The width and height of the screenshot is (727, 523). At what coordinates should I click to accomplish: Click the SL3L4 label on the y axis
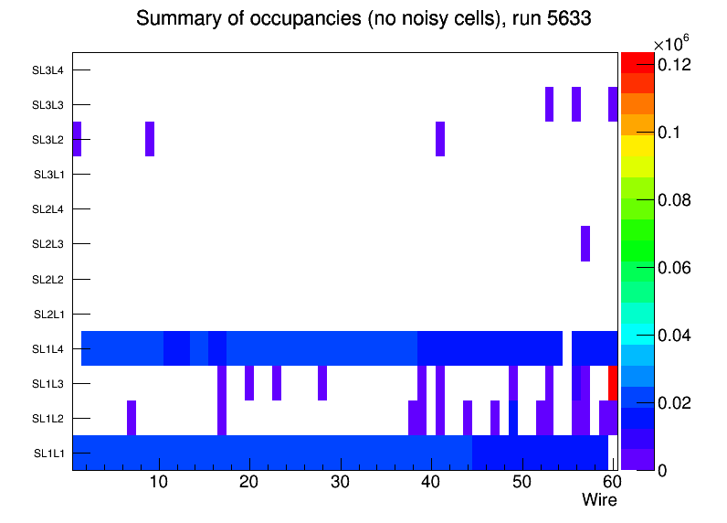(x=47, y=69)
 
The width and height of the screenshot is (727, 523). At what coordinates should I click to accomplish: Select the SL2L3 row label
(x=47, y=244)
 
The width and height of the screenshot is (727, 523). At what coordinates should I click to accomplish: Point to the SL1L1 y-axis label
(x=49, y=454)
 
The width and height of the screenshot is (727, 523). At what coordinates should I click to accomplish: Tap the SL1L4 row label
(x=47, y=348)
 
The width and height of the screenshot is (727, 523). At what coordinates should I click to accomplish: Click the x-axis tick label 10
(x=159, y=482)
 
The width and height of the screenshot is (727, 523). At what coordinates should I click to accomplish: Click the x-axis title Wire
(x=599, y=500)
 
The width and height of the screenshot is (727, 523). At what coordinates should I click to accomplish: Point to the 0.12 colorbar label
(x=674, y=65)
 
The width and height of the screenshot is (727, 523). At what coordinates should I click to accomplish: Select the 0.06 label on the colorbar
(x=674, y=268)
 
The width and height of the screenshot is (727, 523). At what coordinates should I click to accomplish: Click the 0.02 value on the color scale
(x=674, y=403)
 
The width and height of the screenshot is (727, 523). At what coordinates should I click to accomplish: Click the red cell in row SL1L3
(x=613, y=383)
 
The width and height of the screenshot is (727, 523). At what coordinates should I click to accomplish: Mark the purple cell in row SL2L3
(x=585, y=243)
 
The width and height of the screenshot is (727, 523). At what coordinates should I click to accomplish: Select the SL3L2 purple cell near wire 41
(x=440, y=139)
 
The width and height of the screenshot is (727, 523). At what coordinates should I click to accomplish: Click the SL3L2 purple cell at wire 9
(x=150, y=139)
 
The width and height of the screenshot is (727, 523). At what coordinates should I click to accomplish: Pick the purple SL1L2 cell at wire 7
(x=132, y=418)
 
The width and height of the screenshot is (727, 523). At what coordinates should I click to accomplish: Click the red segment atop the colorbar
(x=637, y=62)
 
